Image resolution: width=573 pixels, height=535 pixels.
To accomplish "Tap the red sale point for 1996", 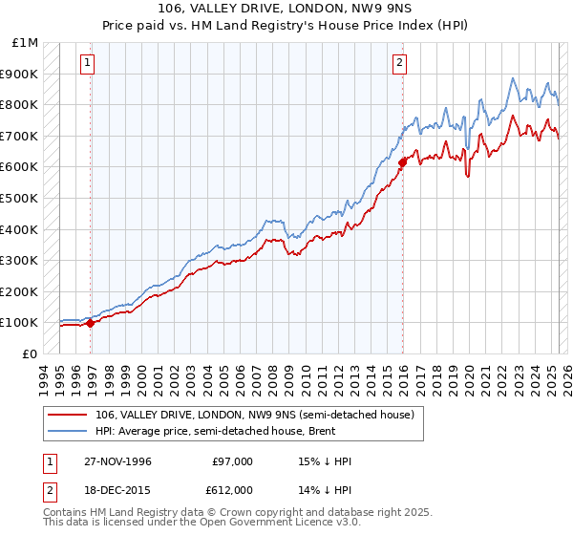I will [91, 323].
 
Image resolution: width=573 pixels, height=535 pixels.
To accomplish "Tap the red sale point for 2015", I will [403, 161].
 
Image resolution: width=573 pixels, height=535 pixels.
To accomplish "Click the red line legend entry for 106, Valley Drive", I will [254, 415].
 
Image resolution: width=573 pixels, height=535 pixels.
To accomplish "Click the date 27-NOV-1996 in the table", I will [117, 461].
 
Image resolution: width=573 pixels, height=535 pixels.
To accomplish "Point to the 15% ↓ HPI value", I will [325, 461].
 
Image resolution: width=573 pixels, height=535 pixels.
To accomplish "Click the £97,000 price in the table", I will [232, 461].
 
